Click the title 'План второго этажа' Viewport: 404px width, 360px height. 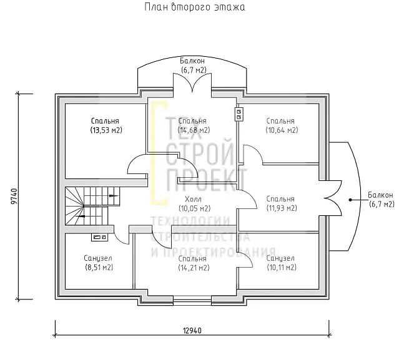(x=195, y=7)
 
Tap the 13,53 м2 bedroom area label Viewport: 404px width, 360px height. (x=106, y=125)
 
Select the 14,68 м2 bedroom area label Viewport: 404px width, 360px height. (x=194, y=125)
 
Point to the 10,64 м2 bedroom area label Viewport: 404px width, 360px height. (x=282, y=125)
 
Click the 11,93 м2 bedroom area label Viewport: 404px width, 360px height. (x=282, y=203)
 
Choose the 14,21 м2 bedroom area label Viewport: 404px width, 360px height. (x=194, y=263)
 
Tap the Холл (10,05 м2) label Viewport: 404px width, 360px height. (x=195, y=203)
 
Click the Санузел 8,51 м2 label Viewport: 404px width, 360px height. (x=99, y=263)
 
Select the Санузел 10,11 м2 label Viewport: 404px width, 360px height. (x=282, y=263)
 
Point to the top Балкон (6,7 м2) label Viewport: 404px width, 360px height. (x=193, y=66)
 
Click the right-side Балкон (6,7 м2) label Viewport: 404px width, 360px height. (x=381, y=200)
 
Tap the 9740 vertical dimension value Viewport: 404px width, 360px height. (x=15, y=197)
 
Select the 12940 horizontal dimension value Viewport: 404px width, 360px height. (x=192, y=331)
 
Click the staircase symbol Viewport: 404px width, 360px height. (x=92, y=206)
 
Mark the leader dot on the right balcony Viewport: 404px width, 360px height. (x=350, y=200)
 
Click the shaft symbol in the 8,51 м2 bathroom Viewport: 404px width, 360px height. (x=99, y=237)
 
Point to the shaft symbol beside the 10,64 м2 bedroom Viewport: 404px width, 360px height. (x=239, y=114)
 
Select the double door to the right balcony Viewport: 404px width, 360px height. (x=333, y=198)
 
